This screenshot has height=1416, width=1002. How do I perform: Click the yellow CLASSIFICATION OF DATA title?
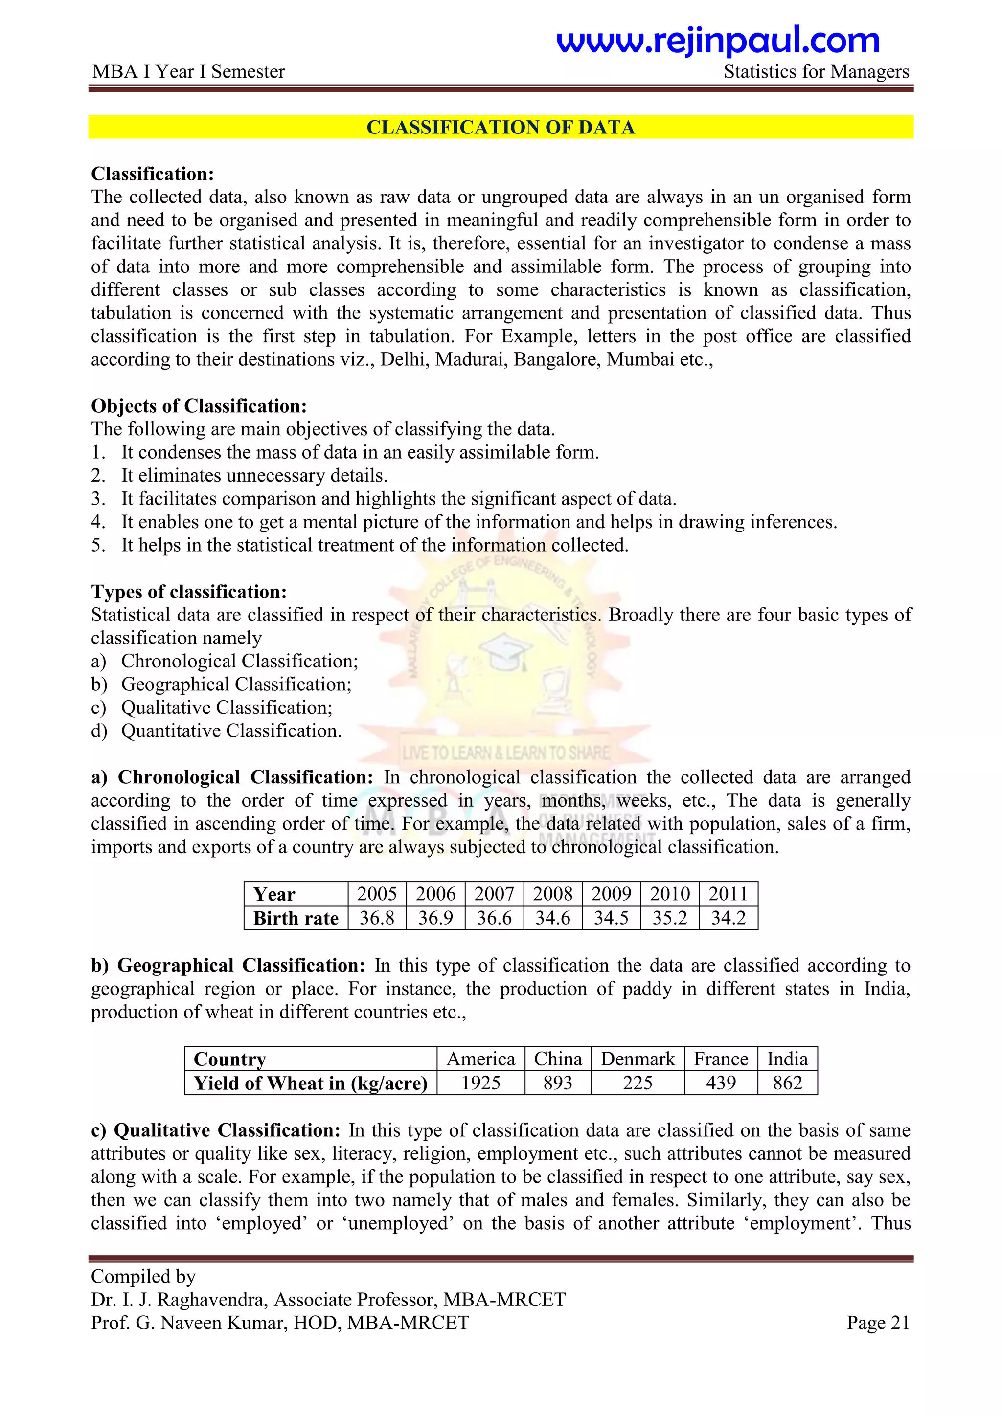tap(501, 127)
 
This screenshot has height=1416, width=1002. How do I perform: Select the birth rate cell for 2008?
tap(552, 918)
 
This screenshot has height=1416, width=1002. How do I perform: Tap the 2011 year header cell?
tap(728, 894)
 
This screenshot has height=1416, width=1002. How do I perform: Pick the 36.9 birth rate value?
tap(435, 918)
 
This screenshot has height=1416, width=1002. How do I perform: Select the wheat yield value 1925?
tap(480, 1083)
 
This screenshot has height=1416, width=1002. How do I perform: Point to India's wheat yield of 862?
tap(787, 1083)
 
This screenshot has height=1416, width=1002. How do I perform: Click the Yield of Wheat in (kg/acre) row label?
tap(310, 1083)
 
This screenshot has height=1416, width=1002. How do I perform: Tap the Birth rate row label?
tap(296, 918)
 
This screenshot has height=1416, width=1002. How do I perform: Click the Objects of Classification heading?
tap(199, 406)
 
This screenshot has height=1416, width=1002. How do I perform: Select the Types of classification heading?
tap(189, 592)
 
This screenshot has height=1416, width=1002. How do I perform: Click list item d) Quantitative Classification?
tap(231, 731)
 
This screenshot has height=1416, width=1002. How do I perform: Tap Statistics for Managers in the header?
tap(816, 71)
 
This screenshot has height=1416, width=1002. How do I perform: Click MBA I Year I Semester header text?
tap(189, 71)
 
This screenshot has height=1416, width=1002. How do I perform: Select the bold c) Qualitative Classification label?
tap(216, 1130)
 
